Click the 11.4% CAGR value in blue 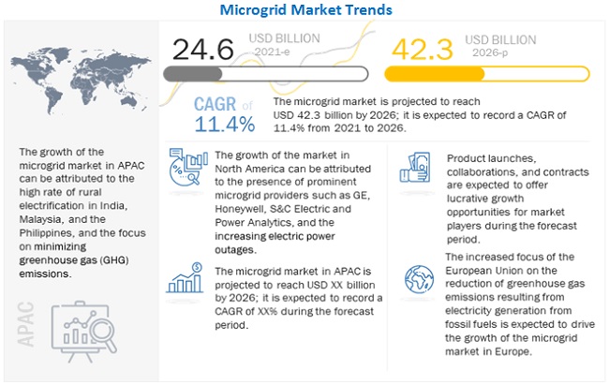pyautogui.click(x=225, y=124)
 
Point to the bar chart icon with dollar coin pyautogui.click(x=185, y=280)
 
